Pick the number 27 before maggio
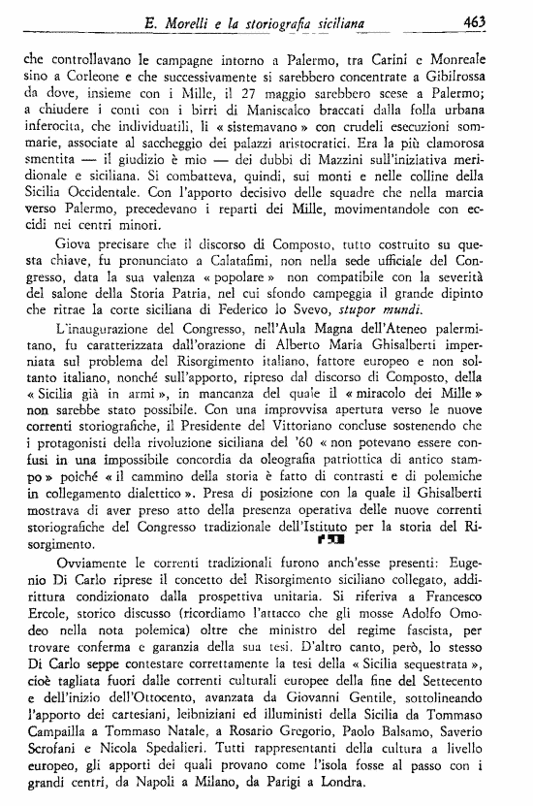point(287,96)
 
